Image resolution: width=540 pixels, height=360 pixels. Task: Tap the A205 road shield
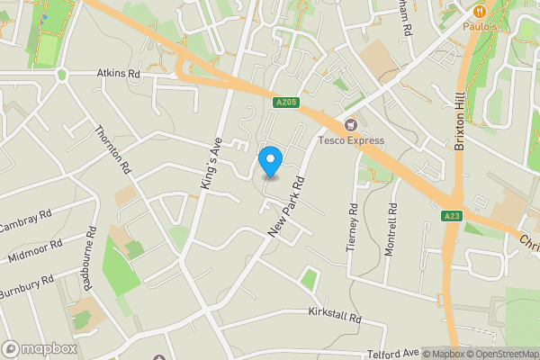pyautogui.click(x=285, y=103)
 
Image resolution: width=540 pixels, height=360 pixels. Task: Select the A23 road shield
pyautogui.click(x=452, y=216)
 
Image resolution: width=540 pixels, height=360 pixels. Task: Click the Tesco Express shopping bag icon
pyautogui.click(x=350, y=124)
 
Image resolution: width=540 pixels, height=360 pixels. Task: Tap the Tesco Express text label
pyautogui.click(x=350, y=140)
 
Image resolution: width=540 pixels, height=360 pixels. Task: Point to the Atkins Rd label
pyautogui.click(x=119, y=74)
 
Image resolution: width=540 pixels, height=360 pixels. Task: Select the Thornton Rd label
pyautogui.click(x=112, y=149)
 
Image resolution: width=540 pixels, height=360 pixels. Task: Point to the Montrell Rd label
pyautogui.click(x=391, y=229)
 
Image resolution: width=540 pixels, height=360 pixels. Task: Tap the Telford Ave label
pyautogui.click(x=393, y=354)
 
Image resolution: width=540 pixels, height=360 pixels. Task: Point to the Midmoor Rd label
pyautogui.click(x=33, y=250)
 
